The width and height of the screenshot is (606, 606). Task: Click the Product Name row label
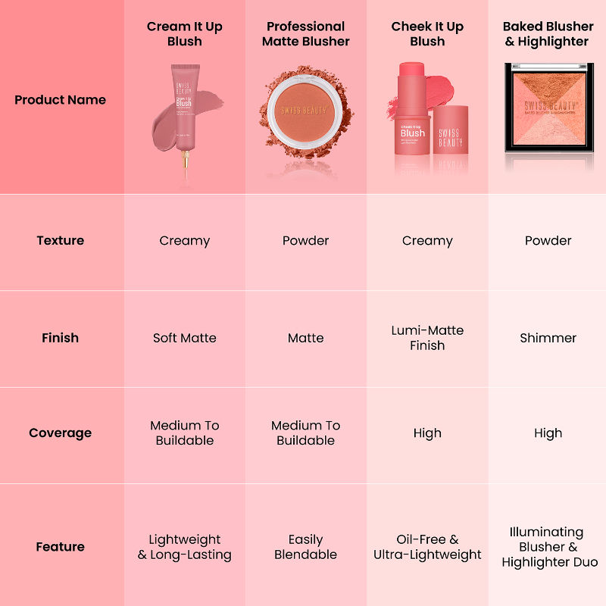(x=60, y=100)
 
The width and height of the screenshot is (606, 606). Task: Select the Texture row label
(x=60, y=241)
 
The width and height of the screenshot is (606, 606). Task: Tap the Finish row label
(x=60, y=338)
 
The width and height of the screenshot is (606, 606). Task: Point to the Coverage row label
(x=60, y=433)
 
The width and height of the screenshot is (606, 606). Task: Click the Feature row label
(x=60, y=547)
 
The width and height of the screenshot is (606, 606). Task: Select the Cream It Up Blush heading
(x=185, y=34)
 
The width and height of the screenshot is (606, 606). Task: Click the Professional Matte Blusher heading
(x=306, y=34)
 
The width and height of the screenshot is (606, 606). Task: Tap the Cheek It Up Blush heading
(x=427, y=34)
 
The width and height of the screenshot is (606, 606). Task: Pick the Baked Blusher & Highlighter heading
(x=548, y=34)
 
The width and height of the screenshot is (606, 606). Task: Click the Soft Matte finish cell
(x=185, y=338)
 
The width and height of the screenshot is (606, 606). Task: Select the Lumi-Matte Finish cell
(x=427, y=338)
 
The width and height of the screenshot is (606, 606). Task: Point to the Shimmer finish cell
(x=548, y=338)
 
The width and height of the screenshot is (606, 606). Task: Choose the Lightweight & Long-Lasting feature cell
(x=185, y=547)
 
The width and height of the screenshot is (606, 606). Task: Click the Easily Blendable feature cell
(x=306, y=547)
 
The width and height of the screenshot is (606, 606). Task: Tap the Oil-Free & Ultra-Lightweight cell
(x=427, y=547)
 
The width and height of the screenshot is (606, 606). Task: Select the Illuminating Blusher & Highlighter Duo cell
(x=548, y=547)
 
